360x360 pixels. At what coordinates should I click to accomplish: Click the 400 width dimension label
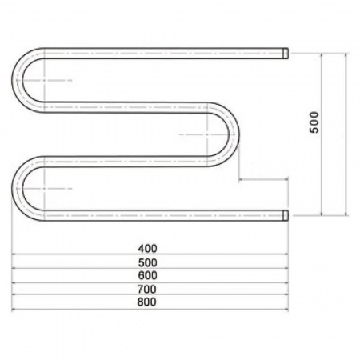[147, 249]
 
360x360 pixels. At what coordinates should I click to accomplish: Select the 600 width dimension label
[147, 275]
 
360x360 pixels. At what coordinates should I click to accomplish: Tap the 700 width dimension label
[147, 289]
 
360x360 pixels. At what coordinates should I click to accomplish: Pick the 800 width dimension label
[147, 302]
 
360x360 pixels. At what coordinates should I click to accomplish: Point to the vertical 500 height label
[314, 122]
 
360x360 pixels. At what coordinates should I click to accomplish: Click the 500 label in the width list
[147, 263]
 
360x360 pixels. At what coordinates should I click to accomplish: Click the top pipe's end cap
[286, 54]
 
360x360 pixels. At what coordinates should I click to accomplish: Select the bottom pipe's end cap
[286, 215]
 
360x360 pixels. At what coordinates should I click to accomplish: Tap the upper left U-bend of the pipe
[17, 80]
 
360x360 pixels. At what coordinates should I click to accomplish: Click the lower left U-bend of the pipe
[17, 189]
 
